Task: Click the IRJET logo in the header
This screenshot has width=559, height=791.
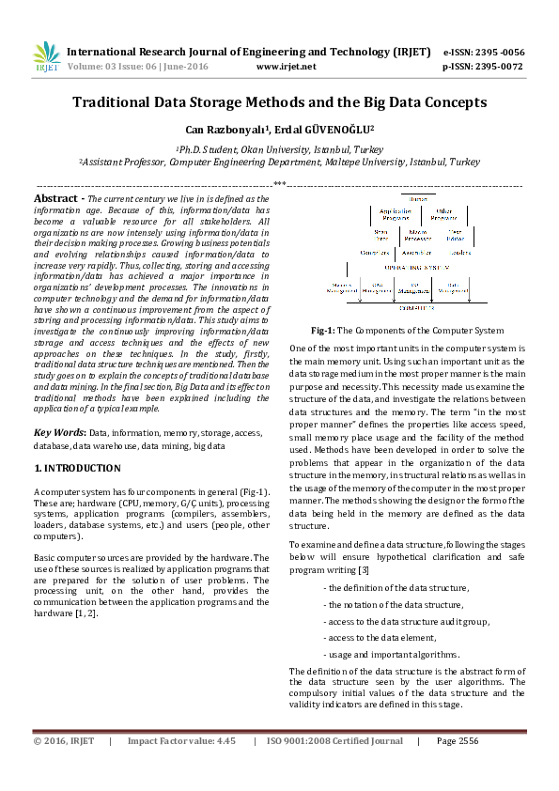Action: pyautogui.click(x=47, y=57)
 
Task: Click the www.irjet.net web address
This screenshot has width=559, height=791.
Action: pyautogui.click(x=286, y=67)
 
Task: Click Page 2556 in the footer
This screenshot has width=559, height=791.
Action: pyautogui.click(x=458, y=741)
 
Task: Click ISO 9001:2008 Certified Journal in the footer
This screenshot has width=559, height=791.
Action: pyautogui.click(x=334, y=741)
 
